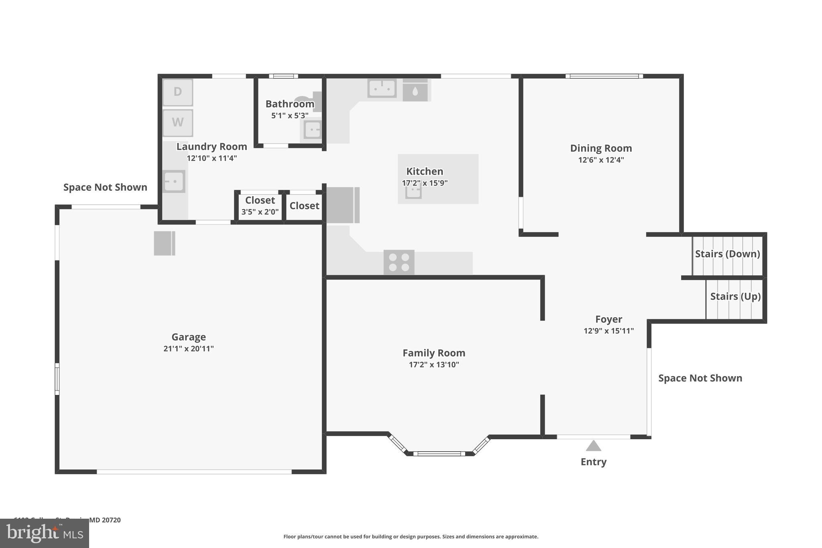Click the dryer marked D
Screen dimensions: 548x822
(178, 92)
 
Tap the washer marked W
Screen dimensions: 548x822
(178, 122)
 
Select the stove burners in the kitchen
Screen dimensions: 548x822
(399, 262)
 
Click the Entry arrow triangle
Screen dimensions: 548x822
(593, 446)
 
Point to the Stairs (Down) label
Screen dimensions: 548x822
(727, 254)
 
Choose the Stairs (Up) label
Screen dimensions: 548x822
(735, 296)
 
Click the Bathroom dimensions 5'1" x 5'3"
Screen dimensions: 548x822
(290, 116)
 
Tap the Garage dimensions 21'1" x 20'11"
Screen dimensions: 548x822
(188, 348)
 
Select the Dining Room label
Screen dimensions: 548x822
(601, 148)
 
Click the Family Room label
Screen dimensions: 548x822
(434, 353)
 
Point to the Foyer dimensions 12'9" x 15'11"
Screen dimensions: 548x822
(608, 331)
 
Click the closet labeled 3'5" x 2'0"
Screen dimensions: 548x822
(260, 206)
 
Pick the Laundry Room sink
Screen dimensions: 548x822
(174, 181)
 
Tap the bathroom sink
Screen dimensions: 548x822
(312, 130)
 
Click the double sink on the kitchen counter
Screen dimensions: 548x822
(382, 88)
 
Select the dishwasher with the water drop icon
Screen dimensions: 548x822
(415, 91)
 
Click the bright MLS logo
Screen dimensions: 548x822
(45, 534)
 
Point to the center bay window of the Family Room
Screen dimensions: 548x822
(439, 454)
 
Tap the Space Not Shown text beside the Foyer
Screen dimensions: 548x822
(700, 378)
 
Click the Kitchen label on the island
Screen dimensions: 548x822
(425, 171)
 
